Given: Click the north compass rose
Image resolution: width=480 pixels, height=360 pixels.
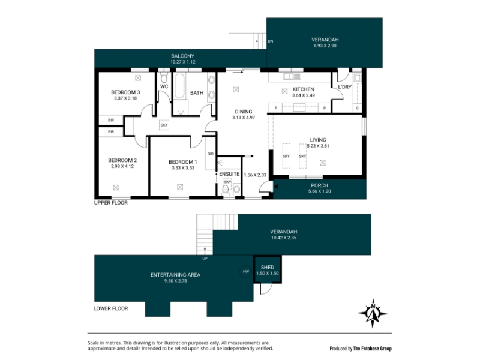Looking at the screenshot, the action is [373, 313].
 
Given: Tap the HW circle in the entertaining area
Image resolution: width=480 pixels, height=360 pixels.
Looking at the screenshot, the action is [245, 272].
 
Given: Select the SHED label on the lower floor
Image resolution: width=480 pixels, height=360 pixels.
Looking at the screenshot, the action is [267, 267].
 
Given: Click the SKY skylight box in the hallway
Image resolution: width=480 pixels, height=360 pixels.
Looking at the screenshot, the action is [164, 125].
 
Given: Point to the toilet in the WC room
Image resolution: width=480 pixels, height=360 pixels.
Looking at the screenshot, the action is [164, 78].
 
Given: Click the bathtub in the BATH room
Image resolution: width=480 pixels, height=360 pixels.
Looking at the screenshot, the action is [179, 86].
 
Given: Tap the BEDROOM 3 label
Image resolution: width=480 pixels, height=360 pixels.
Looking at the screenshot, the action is [125, 92].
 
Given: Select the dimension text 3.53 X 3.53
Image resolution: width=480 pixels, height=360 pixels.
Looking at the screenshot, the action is [183, 168].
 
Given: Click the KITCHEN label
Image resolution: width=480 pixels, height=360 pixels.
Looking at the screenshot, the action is [304, 89].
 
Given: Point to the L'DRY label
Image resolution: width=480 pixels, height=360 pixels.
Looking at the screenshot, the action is [344, 87].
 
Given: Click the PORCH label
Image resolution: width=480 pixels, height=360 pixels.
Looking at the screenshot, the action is [319, 185].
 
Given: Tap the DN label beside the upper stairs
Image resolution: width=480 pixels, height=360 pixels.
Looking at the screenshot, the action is [271, 41].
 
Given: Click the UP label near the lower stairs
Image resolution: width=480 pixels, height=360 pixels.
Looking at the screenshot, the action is [205, 259].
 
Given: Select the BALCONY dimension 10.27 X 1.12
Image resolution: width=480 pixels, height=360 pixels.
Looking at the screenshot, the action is [183, 62].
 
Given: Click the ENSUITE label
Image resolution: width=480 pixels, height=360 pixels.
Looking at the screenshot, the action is [229, 174].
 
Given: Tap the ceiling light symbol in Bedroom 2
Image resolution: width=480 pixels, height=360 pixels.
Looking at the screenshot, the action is [116, 187].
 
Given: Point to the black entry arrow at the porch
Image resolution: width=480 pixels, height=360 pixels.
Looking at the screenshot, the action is [276, 187].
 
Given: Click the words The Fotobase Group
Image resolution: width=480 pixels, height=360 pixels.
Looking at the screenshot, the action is [372, 349].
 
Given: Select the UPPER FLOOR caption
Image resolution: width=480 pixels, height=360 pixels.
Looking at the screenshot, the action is [111, 203].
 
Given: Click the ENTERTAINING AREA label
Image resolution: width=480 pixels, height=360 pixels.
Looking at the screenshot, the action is [175, 275].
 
